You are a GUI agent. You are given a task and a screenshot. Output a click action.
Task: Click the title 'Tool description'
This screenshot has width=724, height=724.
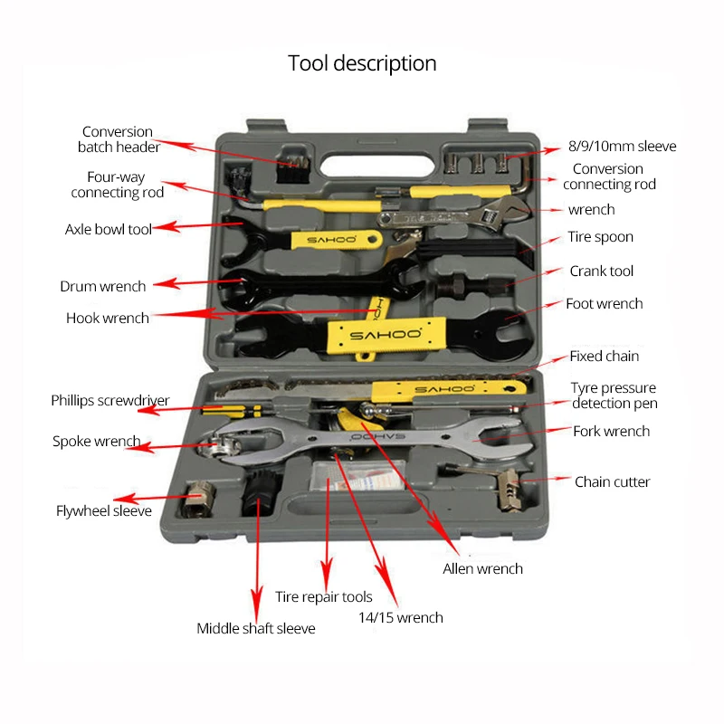(362, 63)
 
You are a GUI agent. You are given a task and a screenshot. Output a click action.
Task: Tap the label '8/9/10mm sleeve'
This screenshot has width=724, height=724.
(622, 146)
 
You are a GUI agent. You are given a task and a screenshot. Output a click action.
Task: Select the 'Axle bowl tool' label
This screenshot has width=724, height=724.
(108, 229)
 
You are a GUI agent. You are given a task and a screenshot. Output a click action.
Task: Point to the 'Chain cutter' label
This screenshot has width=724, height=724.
(612, 481)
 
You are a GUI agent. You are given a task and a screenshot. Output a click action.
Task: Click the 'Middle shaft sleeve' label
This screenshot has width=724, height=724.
(256, 628)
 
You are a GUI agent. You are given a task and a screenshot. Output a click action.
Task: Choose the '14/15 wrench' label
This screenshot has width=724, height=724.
(400, 617)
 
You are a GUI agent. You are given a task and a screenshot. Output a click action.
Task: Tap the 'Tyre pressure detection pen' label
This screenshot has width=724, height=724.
(614, 395)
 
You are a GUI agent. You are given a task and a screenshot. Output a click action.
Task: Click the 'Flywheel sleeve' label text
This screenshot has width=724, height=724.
(104, 510)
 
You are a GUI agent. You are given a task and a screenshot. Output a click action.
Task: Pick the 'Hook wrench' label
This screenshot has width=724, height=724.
(108, 318)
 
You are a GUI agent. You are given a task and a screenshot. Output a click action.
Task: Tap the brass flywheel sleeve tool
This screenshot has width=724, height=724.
(197, 499)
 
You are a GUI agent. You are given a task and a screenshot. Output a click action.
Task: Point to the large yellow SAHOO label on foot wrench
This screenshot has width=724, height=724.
(386, 335)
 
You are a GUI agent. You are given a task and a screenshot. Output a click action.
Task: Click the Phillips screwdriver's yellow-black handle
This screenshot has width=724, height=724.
(231, 410)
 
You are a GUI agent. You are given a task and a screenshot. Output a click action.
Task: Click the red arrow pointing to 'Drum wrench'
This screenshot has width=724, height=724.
(198, 281)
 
